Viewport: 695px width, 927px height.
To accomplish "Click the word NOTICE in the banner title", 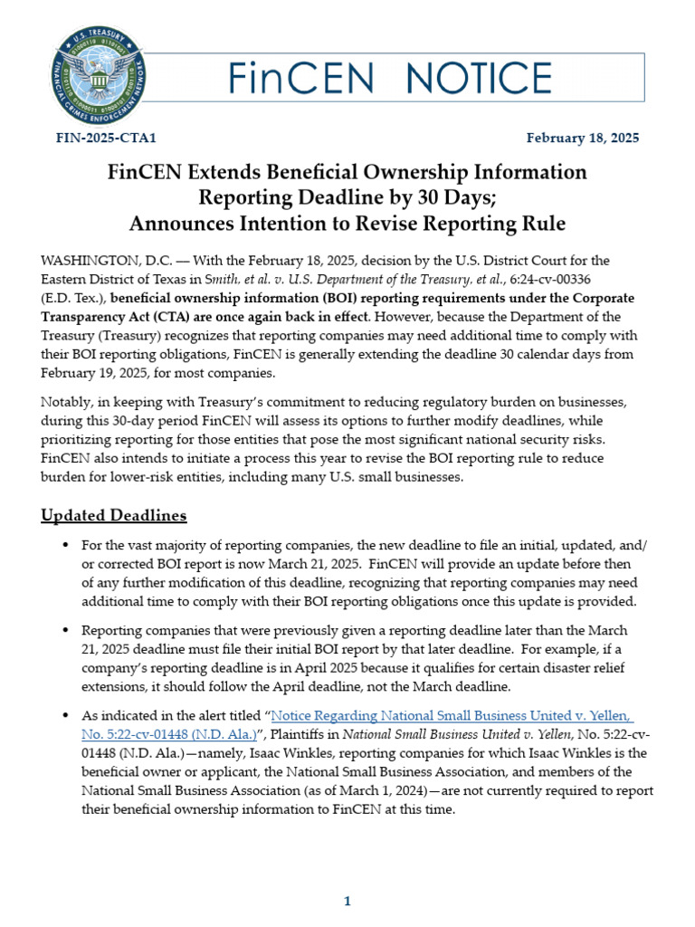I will pos(470,78).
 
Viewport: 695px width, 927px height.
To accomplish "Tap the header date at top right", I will pos(583,139).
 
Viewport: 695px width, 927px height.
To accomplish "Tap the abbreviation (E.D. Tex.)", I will pos(73,298).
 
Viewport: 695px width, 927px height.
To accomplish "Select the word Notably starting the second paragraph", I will pos(65,401).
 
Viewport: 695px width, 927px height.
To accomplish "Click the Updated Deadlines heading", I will pos(114,515).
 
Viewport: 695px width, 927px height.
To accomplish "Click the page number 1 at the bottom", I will pos(347,902).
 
